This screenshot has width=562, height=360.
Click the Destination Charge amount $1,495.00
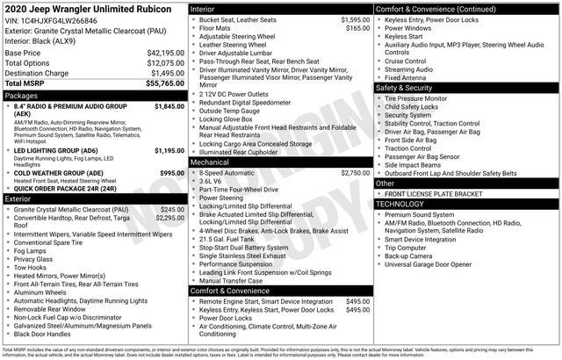pos(163,73)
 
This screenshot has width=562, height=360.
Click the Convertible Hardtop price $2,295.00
pos(169,218)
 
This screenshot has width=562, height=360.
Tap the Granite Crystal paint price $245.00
pos(172,210)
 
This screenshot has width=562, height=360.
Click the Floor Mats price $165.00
pos(357,28)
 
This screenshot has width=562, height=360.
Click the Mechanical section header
pos(211,162)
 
